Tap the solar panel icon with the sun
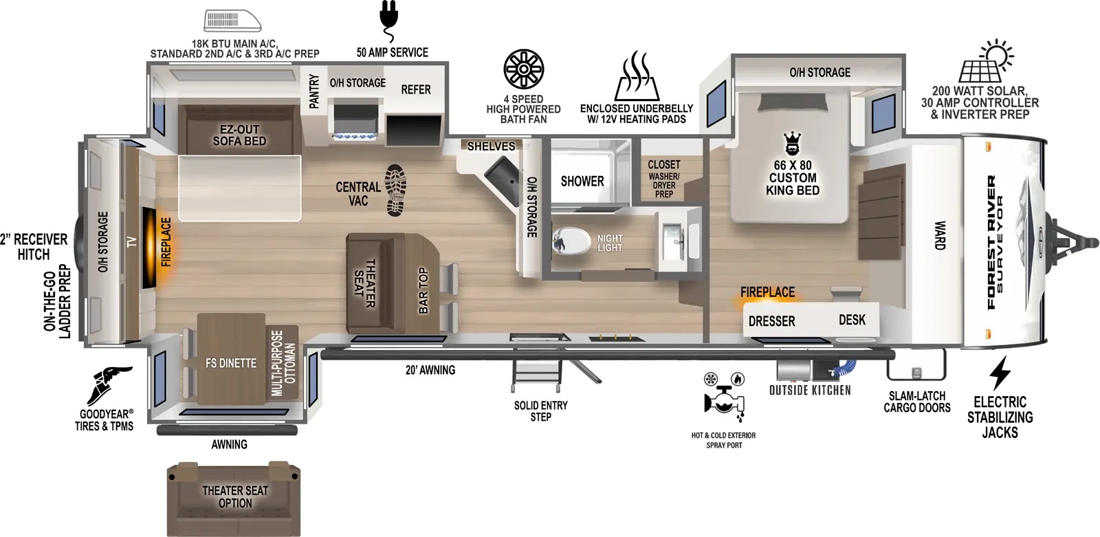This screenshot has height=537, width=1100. coord(986,63)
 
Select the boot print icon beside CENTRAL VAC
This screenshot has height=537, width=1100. coord(395,190)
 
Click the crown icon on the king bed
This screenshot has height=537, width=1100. coord(792,144)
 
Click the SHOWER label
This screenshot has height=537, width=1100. coord(582,182)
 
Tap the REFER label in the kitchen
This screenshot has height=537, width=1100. coord(415,90)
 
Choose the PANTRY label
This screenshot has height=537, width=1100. coord(314,91)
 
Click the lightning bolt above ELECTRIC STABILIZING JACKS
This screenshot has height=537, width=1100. coord(1000,373)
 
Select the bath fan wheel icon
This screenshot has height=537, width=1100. coord(523,69)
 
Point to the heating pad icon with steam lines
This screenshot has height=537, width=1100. coord(637,76)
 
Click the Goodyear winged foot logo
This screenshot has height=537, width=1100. coord(109,386)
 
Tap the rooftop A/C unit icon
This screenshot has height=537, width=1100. coord(232,21)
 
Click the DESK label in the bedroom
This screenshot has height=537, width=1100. coord(852,320)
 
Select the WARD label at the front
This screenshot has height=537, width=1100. coord(939,235)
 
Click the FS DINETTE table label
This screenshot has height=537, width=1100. coord(231,363)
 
